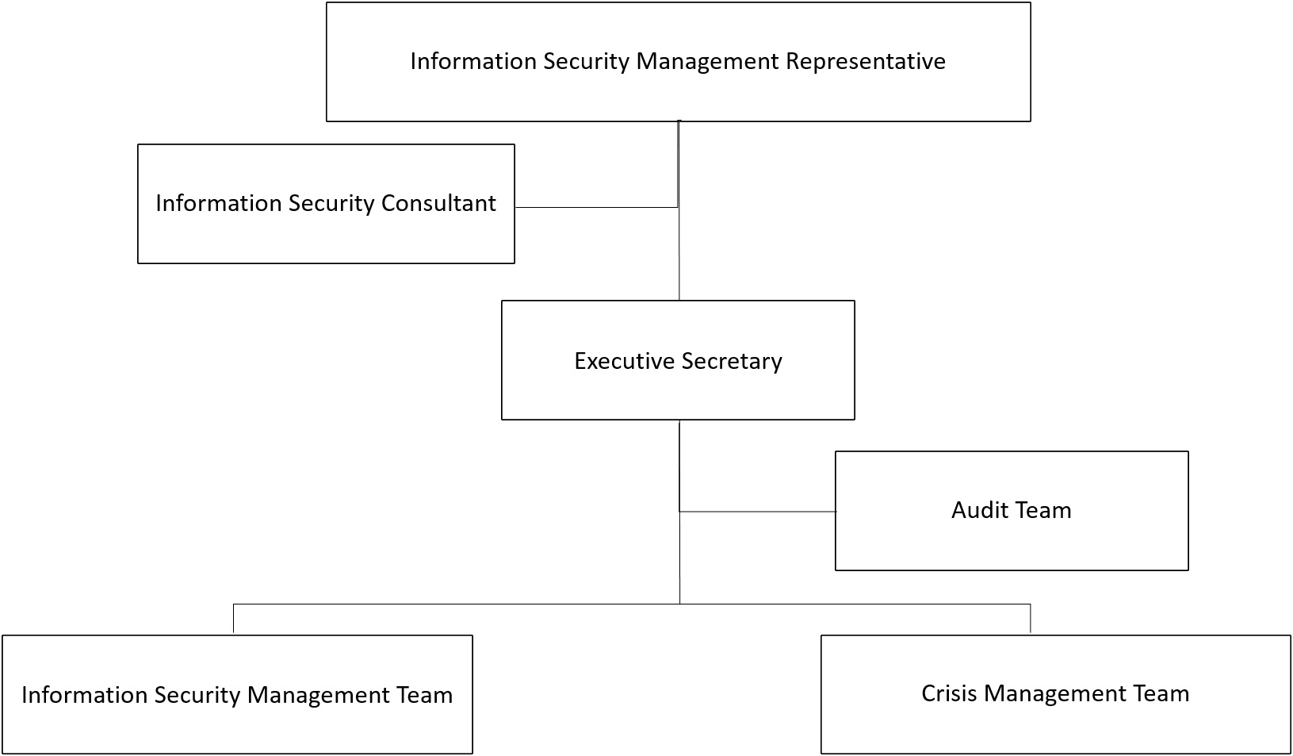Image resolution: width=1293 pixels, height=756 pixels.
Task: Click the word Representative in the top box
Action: tap(865, 62)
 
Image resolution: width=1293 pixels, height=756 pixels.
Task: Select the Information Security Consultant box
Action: tap(326, 204)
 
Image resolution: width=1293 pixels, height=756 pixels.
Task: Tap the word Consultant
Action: tap(438, 203)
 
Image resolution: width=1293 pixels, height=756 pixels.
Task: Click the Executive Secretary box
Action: tap(679, 360)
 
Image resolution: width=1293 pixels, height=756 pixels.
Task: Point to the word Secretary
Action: tap(732, 362)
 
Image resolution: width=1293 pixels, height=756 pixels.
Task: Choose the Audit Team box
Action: tap(1012, 511)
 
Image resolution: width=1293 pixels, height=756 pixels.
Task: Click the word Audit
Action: tap(977, 510)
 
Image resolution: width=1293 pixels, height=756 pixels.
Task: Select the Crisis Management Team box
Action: tap(1056, 695)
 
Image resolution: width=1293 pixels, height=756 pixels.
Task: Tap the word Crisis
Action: tap(949, 693)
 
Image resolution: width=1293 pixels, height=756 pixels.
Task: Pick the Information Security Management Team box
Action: tap(237, 695)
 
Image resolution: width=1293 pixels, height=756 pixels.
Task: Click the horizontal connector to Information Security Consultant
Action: tap(596, 207)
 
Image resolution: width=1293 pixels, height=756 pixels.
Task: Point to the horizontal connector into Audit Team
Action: tap(758, 511)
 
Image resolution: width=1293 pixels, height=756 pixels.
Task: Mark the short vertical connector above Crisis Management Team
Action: tap(1031, 619)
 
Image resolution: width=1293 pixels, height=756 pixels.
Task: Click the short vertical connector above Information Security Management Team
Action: tap(233, 619)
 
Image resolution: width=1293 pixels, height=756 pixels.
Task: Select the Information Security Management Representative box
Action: tap(679, 62)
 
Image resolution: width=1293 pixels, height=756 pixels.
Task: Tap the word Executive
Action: tap(625, 361)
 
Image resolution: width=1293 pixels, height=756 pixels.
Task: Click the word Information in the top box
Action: tap(473, 61)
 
